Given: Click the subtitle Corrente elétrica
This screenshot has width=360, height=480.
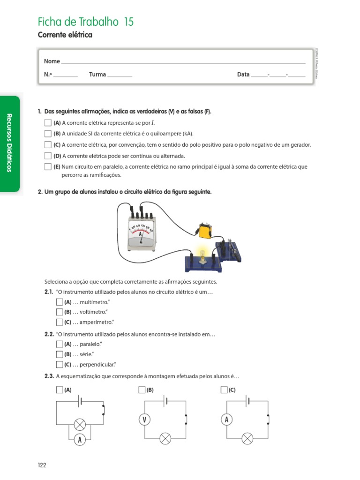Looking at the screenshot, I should pos(65,35).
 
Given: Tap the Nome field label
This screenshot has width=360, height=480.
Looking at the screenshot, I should pos(52,61).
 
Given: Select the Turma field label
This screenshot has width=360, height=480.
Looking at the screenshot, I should pos(97,75).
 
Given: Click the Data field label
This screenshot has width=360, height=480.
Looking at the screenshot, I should pos(243,75).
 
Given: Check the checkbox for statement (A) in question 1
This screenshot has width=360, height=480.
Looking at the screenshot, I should pos(48,123).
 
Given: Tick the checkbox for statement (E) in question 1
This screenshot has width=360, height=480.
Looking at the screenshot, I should pos(48,167).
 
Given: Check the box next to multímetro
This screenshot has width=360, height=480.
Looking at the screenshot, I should pos(59,302).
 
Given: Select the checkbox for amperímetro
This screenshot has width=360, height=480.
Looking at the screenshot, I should pos(59,322).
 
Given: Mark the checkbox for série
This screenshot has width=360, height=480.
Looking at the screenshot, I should pos(59,354).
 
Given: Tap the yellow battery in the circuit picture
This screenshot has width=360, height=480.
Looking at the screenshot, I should pos(205,232).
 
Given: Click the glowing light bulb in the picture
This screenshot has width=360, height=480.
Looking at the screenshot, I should pos(202,253).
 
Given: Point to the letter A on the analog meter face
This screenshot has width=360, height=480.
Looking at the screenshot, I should pos(141,234).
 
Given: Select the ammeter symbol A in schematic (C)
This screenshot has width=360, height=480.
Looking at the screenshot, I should pos(226,420).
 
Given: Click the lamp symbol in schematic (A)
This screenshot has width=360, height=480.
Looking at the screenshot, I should pos(80,425).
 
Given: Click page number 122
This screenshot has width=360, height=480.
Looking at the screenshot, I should pos(42,465).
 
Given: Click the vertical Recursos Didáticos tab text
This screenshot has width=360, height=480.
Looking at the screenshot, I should pos(9,142).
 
